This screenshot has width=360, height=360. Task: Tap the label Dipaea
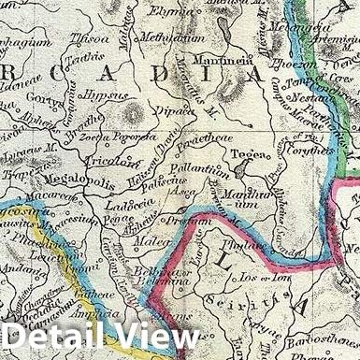(x=175, y=109)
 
